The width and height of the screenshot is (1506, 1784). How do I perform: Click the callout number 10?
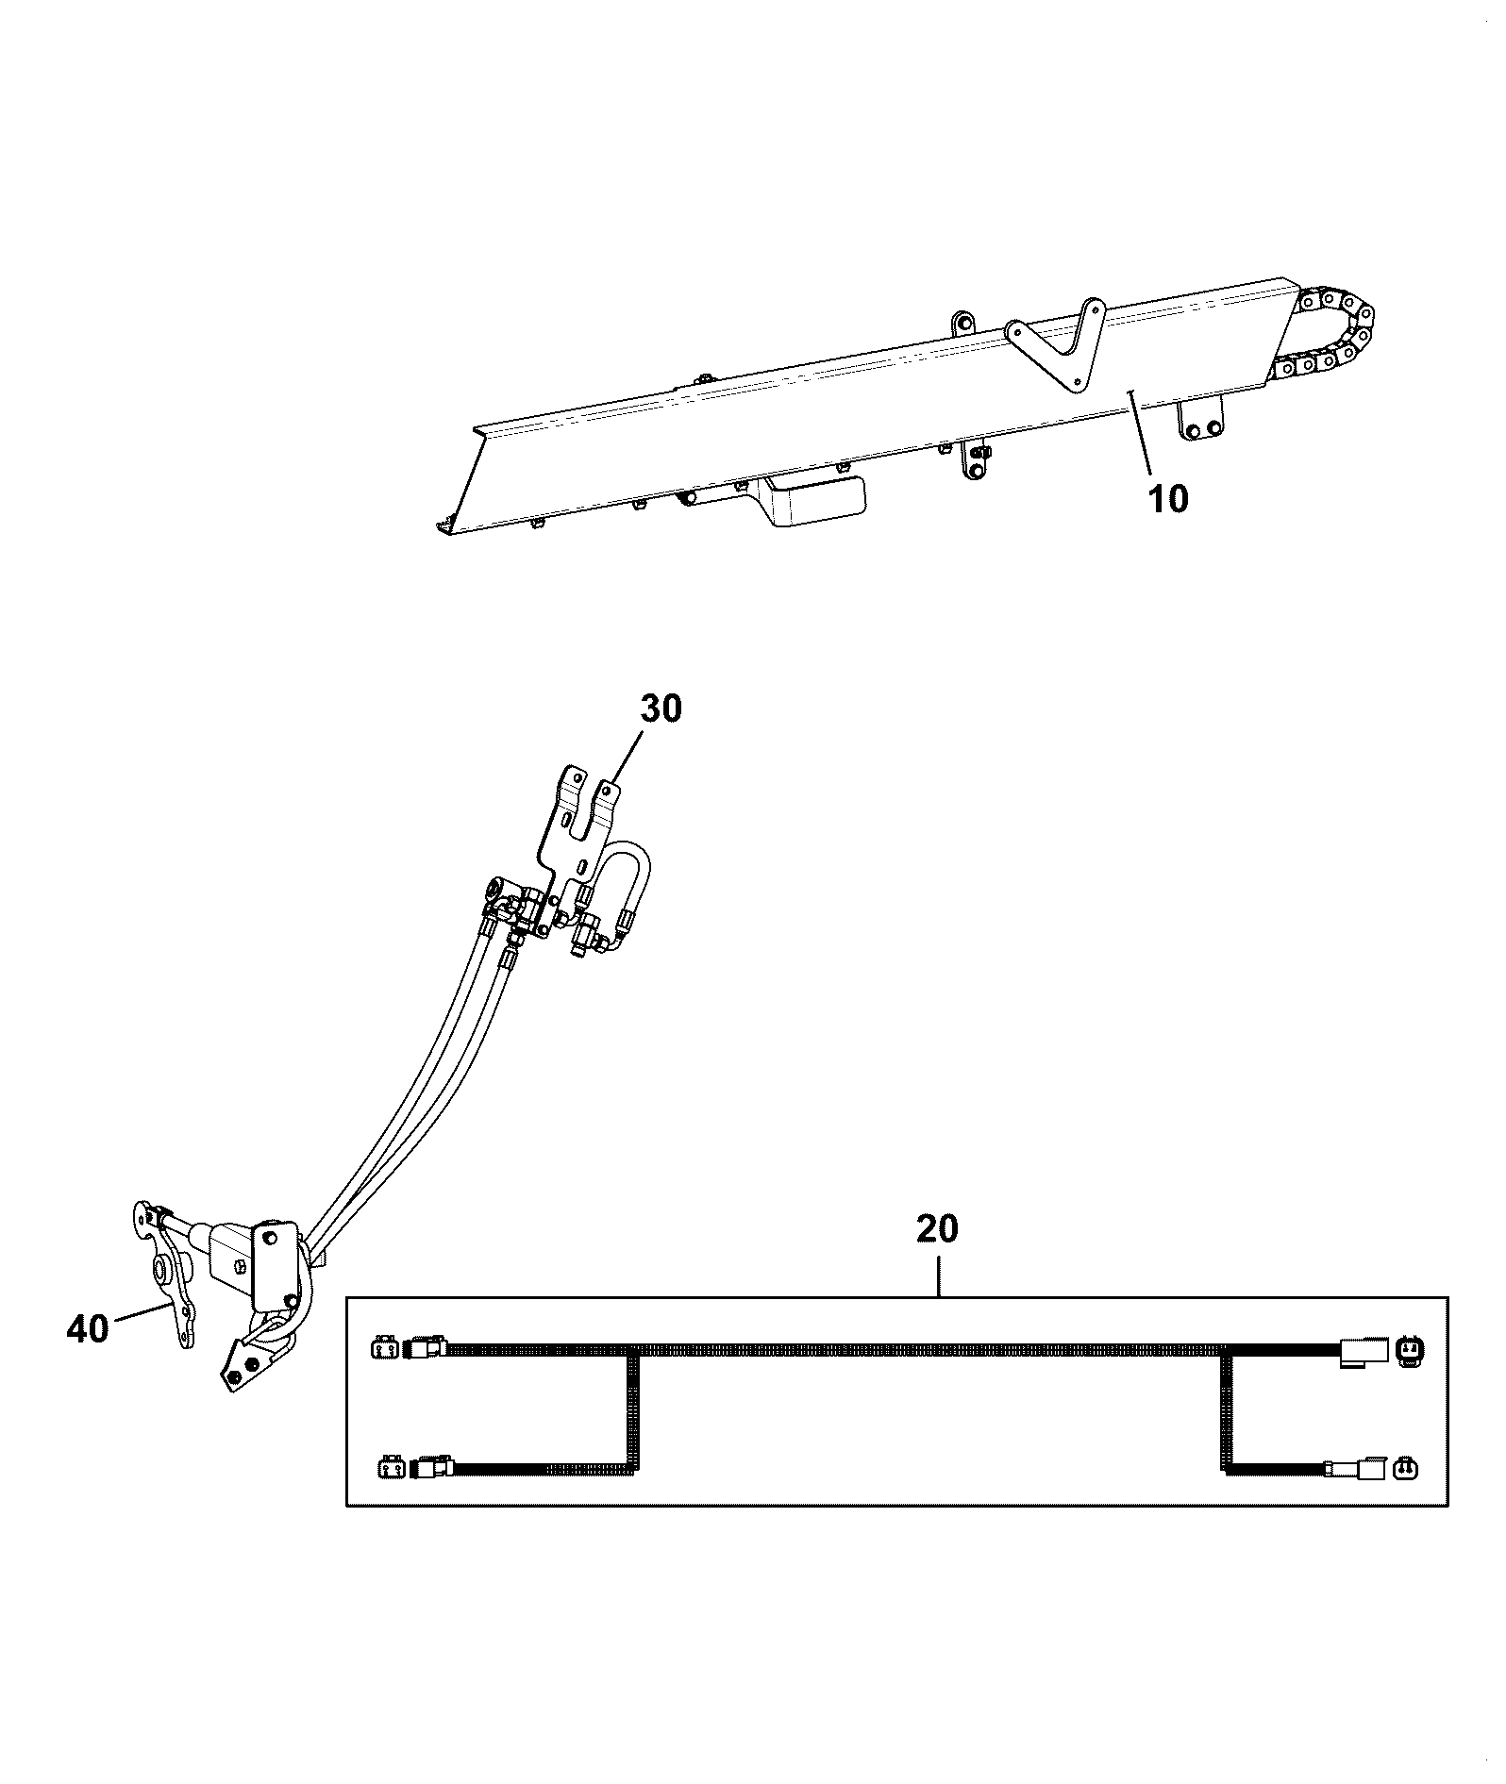click(x=1168, y=498)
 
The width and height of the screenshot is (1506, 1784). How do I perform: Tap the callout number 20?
click(x=937, y=1228)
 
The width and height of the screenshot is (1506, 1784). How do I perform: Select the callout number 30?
click(x=661, y=709)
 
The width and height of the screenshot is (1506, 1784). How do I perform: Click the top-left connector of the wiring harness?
click(x=410, y=1350)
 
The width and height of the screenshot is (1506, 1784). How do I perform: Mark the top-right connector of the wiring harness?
click(x=1380, y=1351)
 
